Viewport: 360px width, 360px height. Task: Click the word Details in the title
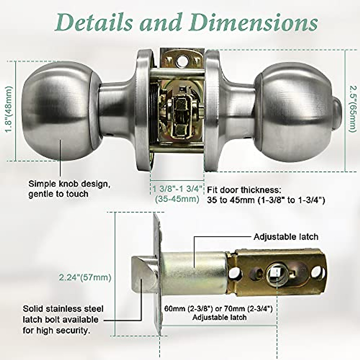[93, 22]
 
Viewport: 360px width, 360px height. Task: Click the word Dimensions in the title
[253, 23]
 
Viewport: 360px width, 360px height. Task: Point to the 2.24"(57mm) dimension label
[85, 277]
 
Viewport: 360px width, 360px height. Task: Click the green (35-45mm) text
[177, 199]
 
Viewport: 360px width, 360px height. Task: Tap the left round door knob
[57, 114]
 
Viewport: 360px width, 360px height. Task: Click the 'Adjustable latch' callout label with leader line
[286, 237]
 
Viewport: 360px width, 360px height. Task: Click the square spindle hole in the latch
[276, 273]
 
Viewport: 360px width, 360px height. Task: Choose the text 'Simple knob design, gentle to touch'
[69, 189]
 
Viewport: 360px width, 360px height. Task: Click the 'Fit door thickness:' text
[244, 190]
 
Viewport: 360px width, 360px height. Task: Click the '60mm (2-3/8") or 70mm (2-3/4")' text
[218, 309]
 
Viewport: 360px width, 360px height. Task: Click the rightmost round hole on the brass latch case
[316, 273]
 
